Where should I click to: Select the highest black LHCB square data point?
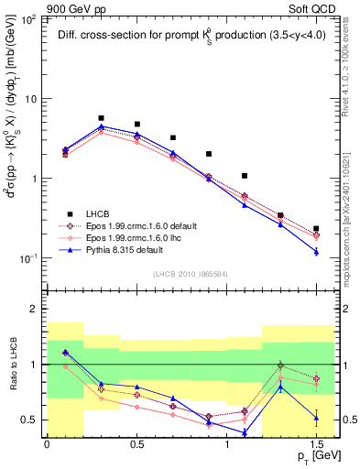coord(101,118)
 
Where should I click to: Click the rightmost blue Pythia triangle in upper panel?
coord(316,251)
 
